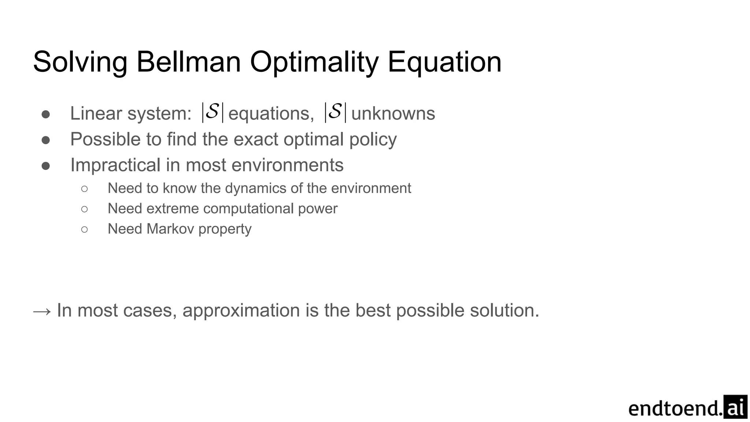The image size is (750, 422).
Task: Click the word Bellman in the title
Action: pyautogui.click(x=188, y=62)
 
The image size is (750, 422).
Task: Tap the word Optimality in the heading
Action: pyautogui.click(x=314, y=62)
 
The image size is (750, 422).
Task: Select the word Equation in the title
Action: pyautogui.click(x=444, y=62)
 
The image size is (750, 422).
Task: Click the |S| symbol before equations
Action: pyautogui.click(x=212, y=112)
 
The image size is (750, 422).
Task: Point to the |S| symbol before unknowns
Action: pyautogui.click(x=335, y=112)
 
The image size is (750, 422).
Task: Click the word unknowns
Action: pyautogui.click(x=393, y=113)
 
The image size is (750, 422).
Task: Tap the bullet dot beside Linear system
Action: pyautogui.click(x=46, y=114)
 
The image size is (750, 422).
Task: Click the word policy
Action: pyautogui.click(x=372, y=140)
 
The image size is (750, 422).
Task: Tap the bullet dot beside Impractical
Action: pyautogui.click(x=46, y=166)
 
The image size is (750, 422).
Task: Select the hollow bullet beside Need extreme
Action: pyautogui.click(x=85, y=209)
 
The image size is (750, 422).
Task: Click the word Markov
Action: pyautogui.click(x=170, y=229)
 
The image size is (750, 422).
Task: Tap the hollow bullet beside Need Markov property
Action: pyautogui.click(x=85, y=230)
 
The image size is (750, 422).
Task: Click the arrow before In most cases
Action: pyautogui.click(x=42, y=311)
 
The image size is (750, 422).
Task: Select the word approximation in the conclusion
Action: pyautogui.click(x=242, y=311)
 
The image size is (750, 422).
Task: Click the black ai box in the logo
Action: pyautogui.click(x=735, y=407)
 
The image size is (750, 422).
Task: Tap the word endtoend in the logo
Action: pyautogui.click(x=675, y=408)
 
